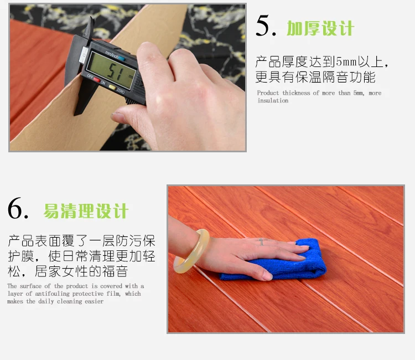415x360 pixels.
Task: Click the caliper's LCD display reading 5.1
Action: (x=111, y=70)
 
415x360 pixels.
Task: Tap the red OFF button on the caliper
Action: (x=97, y=80)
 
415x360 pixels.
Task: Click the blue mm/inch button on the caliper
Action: (x=122, y=58)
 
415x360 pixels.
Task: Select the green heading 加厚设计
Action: (x=320, y=28)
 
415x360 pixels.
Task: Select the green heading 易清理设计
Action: (x=86, y=211)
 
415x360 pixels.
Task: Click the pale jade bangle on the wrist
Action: (x=191, y=251)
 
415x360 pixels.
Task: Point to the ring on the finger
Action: (x=261, y=241)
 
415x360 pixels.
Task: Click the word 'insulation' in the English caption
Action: (x=273, y=101)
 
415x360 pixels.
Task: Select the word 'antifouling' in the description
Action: (x=52, y=294)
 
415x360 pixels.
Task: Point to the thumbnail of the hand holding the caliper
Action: (x=128, y=78)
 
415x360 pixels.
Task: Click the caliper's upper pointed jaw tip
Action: (x=91, y=18)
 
